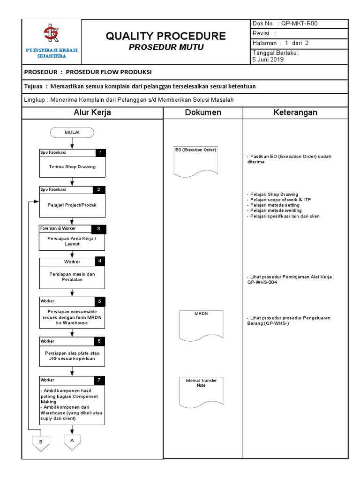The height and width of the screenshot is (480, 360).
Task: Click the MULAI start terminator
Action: (72, 133)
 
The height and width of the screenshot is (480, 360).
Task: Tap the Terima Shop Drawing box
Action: (72, 167)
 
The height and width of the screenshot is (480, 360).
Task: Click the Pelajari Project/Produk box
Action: (72, 205)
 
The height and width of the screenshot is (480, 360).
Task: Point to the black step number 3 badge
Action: (99, 229)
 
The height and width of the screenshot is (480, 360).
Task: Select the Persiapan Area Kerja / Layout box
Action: (72, 241)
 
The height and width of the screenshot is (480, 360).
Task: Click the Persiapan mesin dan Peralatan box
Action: (72, 277)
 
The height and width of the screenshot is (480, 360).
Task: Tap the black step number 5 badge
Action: (99, 301)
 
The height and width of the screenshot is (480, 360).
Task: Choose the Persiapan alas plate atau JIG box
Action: (72, 355)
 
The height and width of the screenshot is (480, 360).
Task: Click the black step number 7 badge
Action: (99, 380)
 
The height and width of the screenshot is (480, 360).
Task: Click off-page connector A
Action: (72, 442)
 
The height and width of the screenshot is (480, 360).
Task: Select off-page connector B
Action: (41, 443)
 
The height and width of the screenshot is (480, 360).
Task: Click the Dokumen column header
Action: (202, 112)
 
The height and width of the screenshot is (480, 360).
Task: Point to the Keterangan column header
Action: (295, 112)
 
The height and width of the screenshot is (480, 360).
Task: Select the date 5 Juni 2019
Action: (268, 60)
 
